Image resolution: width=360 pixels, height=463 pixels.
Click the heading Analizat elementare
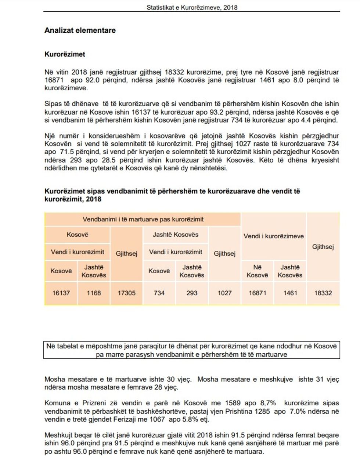tap(80, 30)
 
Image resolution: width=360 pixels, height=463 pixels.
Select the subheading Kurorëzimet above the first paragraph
tap(65, 54)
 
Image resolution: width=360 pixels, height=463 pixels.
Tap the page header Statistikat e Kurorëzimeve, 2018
tap(192, 7)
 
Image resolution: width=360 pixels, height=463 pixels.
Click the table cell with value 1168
tap(94, 293)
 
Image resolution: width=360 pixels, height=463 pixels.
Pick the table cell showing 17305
tap(126, 293)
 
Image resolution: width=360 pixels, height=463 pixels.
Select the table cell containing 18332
tap(323, 293)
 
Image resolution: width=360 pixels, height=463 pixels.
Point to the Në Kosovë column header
tap(257, 271)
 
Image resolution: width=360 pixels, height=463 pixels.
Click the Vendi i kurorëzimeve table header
tap(274, 236)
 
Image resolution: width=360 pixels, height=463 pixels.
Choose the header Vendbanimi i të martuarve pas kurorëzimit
tap(143, 219)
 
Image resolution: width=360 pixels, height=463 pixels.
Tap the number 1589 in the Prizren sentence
tap(233, 403)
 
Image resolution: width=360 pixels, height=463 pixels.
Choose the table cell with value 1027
tap(224, 293)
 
